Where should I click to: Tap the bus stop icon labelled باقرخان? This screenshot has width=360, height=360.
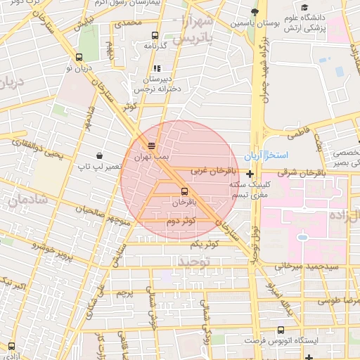coord(184,191)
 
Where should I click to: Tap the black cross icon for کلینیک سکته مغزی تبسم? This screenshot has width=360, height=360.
coord(250,174)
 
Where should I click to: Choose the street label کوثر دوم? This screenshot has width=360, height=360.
coord(181,221)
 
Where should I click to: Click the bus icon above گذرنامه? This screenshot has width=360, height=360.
coord(155,35)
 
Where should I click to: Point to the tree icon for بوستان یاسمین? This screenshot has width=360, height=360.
coord(255,12)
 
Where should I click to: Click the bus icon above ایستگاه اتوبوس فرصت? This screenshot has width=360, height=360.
coord(281,329)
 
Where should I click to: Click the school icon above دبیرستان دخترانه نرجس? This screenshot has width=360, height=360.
coord(156,69)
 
